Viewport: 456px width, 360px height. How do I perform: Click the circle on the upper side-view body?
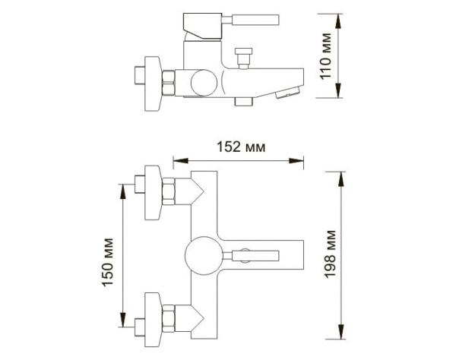[x=202, y=82]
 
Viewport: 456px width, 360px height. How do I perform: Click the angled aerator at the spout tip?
[x=287, y=93]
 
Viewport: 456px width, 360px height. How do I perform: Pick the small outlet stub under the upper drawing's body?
[x=244, y=100]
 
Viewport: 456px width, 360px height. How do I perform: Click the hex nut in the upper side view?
[x=172, y=80]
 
